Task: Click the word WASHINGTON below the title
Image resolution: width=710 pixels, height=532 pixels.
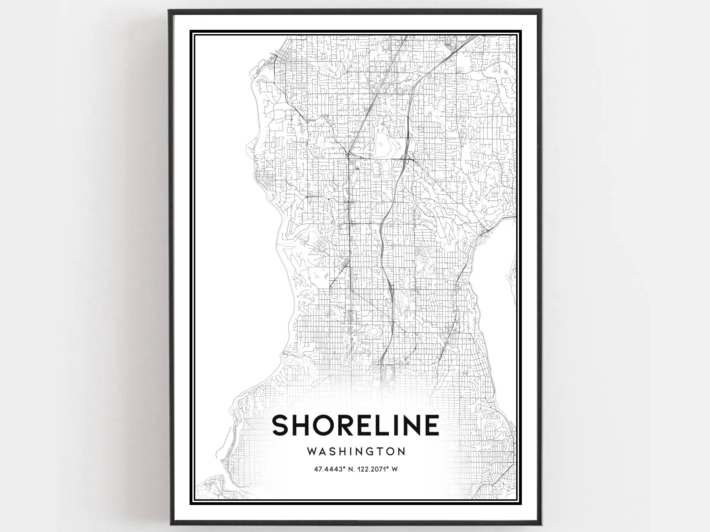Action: [x=356, y=451]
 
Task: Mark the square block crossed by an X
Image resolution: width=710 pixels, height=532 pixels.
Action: [x=269, y=165]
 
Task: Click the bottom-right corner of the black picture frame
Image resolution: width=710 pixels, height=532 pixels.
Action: [x=540, y=523]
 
